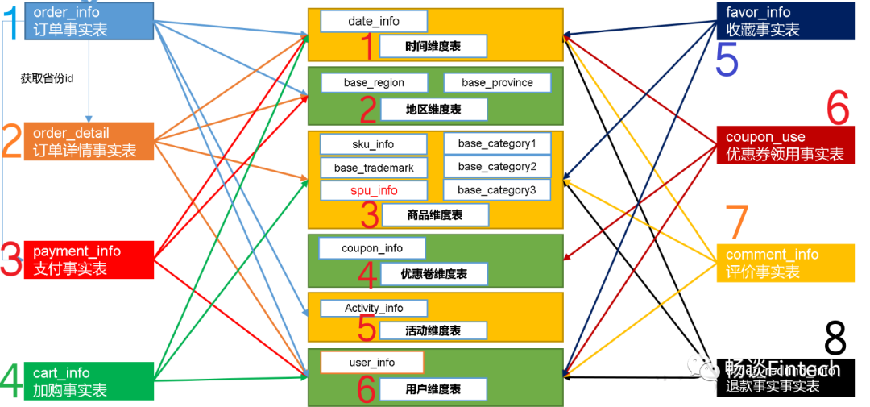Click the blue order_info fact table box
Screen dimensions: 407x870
pyautogui.click(x=89, y=21)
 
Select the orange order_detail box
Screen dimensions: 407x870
pyautogui.click(x=89, y=142)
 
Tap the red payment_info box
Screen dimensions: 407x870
pyautogui.click(x=89, y=260)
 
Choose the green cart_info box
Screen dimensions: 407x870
pyautogui.click(x=89, y=381)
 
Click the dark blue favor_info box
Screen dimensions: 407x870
pyautogui.click(x=785, y=21)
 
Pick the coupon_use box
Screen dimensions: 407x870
pyautogui.click(x=785, y=146)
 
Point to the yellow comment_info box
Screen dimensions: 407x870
pyautogui.click(x=785, y=263)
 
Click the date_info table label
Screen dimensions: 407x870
pyautogui.click(x=374, y=21)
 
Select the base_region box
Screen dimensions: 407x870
pyautogui.click(x=374, y=82)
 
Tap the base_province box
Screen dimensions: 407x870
pyautogui.click(x=497, y=82)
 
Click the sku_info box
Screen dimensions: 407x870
pyautogui.click(x=373, y=144)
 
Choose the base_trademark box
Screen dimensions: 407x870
pyautogui.click(x=374, y=168)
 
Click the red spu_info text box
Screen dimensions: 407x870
pyautogui.click(x=374, y=191)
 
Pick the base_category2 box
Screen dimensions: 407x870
pyautogui.click(x=497, y=167)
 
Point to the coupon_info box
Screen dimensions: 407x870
pyautogui.click(x=372, y=248)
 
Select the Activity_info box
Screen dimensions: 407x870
pyautogui.click(x=374, y=308)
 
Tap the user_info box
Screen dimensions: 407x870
pyautogui.click(x=372, y=363)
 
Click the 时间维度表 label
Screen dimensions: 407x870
pyautogui.click(x=444, y=46)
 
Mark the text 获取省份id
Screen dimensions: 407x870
pyautogui.click(x=47, y=78)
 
